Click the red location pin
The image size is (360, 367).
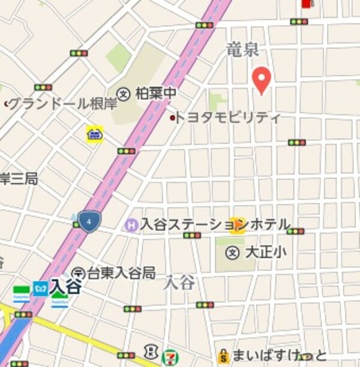(x=261, y=80)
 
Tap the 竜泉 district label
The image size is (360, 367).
(x=242, y=51)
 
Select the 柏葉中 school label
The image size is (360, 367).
(x=156, y=94)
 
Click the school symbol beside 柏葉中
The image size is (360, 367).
(x=124, y=94)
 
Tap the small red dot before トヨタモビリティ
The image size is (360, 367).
(x=173, y=118)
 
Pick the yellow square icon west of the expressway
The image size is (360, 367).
(x=94, y=133)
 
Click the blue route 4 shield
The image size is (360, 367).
(x=89, y=222)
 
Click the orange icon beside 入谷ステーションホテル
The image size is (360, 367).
(x=238, y=225)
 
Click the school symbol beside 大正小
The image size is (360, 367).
(x=232, y=252)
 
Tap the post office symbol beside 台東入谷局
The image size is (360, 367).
(x=77, y=274)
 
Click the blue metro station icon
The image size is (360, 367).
(x=40, y=288)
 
